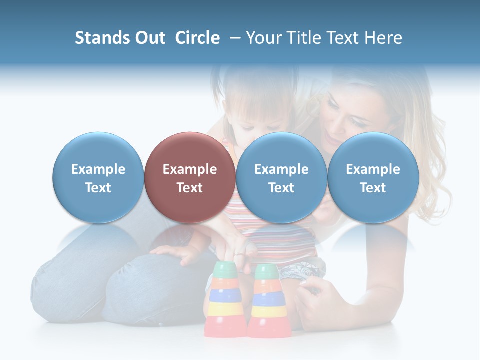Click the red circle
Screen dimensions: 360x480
(189, 177)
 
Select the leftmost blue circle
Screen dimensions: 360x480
(98, 177)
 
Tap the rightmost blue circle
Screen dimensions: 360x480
(373, 177)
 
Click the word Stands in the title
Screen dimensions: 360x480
(102, 38)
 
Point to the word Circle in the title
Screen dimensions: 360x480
(197, 38)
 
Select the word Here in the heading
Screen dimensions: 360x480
(384, 38)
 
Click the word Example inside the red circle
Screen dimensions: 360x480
(190, 169)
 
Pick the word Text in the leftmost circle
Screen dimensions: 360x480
(98, 188)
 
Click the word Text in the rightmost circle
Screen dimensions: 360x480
(373, 188)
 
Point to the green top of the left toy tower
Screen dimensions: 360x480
(224, 270)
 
